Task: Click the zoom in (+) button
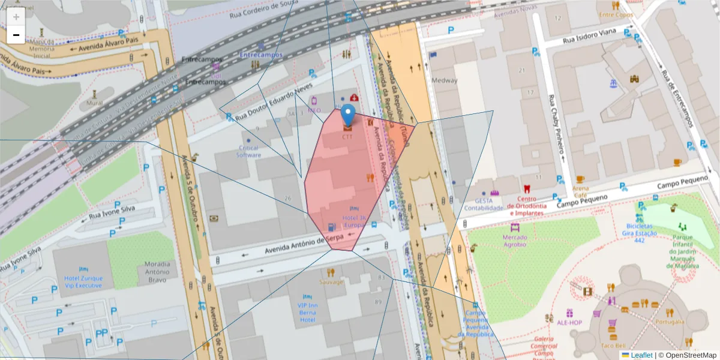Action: coord(16,17)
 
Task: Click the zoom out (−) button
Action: coord(16,35)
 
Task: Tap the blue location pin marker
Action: coord(347,116)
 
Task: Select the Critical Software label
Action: coord(249,151)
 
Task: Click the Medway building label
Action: coord(445,80)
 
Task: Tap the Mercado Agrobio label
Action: coord(514,240)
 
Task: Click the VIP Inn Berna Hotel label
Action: coord(307,313)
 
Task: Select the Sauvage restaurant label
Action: coord(331,282)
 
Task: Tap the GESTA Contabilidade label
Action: coord(483,204)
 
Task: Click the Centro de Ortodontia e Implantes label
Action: coord(526,206)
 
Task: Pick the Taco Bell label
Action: coord(613,345)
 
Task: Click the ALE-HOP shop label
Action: coord(569,322)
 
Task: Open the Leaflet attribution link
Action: coord(641,355)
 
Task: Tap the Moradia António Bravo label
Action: coord(158,272)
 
